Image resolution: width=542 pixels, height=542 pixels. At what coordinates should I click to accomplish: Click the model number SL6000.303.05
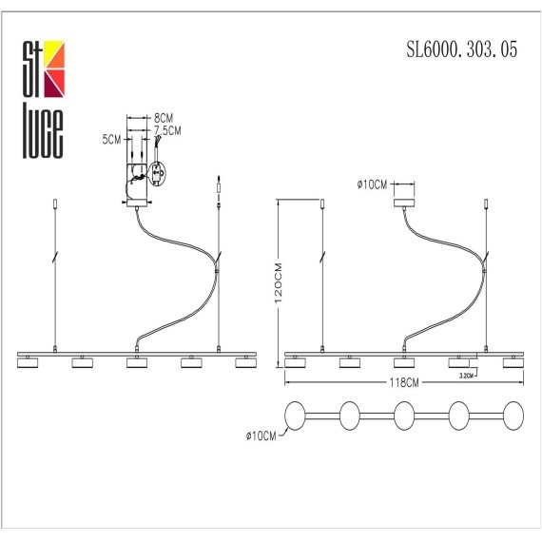462,54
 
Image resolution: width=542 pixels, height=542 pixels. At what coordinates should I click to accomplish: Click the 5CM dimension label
112,140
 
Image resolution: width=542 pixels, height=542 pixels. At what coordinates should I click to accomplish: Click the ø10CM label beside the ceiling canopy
373,185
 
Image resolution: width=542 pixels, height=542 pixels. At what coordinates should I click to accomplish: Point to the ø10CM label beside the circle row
260,436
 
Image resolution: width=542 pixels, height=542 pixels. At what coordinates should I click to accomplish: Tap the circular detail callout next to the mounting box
156,175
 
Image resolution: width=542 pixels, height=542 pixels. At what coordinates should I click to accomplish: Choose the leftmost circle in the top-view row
296,416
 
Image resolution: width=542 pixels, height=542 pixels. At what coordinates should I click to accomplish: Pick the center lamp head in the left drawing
139,362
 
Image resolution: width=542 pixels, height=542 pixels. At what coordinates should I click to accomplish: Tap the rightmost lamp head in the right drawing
513,362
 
